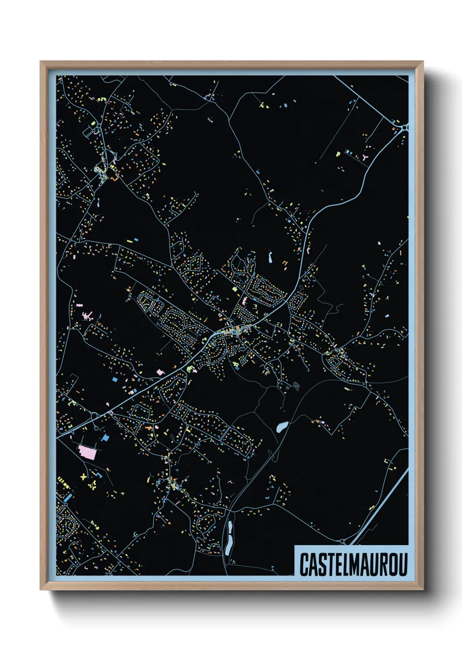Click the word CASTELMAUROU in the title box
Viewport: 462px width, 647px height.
coord(353,564)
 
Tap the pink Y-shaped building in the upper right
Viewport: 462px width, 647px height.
coord(365,157)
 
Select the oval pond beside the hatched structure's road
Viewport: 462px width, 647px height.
coord(282,426)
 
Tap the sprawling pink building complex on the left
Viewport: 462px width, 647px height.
coord(88,316)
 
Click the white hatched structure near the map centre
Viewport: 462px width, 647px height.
coord(296,386)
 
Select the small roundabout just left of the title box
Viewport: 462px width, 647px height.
coord(342,542)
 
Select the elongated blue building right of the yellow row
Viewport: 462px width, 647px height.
coord(67,498)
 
